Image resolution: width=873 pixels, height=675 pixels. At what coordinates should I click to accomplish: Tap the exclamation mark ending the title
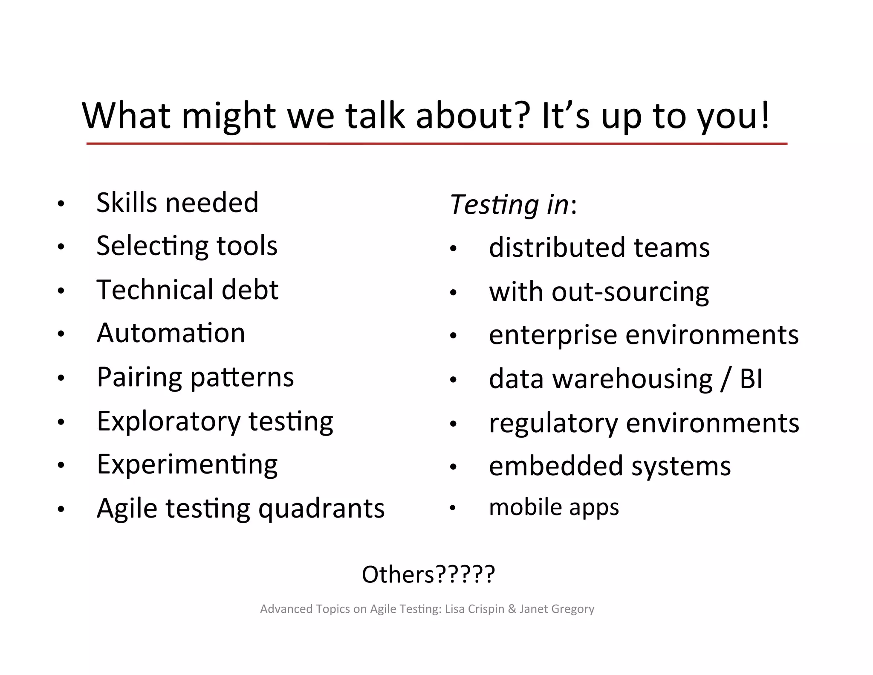point(765,115)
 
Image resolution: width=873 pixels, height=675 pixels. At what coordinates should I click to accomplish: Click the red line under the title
point(436,144)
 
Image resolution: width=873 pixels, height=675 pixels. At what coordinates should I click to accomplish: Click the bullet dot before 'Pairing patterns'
point(61,378)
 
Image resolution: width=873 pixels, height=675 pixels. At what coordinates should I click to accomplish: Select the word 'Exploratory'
point(169,422)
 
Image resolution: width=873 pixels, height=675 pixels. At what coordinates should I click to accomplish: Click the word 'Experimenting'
point(187,465)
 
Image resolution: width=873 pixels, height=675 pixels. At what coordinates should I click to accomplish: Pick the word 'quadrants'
point(321,509)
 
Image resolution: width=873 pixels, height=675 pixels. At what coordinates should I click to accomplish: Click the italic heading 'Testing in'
point(509,204)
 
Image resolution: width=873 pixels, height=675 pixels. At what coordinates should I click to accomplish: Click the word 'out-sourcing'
point(630,292)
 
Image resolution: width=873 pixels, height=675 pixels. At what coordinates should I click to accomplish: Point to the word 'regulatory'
point(553,423)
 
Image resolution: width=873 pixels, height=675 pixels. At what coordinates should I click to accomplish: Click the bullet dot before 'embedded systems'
point(453,467)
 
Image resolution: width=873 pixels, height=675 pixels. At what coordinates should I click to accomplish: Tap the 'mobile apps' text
point(554,507)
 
